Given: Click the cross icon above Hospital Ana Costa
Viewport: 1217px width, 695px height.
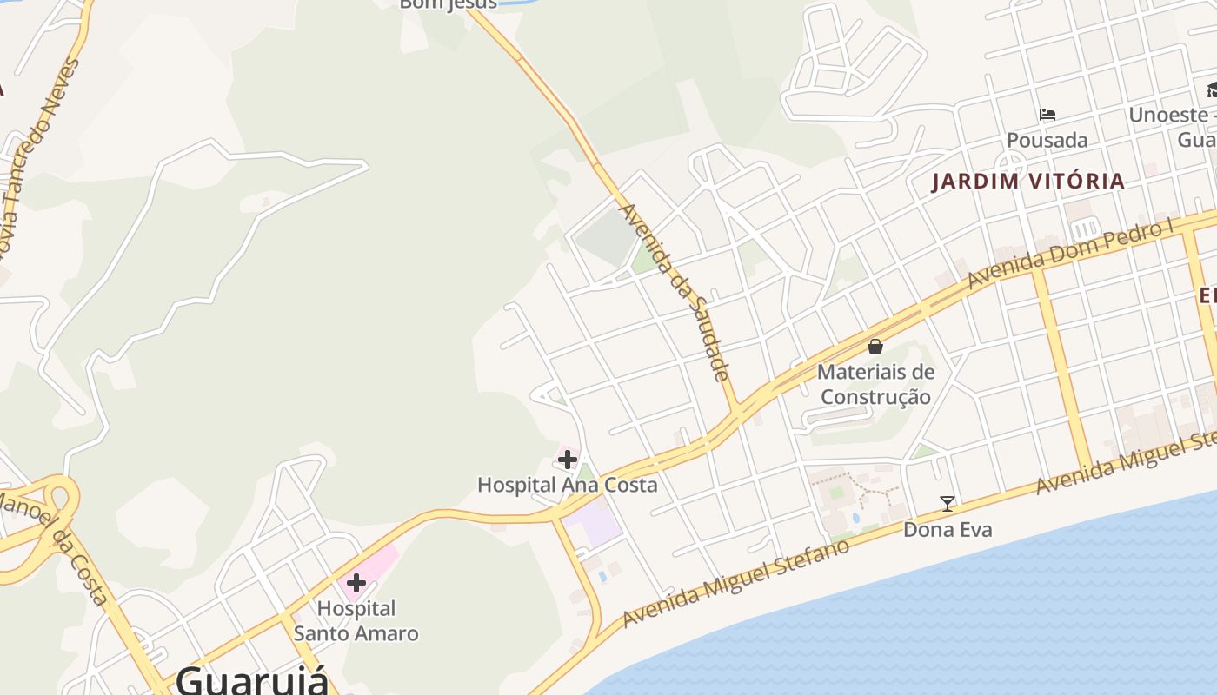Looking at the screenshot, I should (568, 459).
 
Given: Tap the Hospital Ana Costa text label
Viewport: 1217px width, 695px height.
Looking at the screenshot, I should (567, 485).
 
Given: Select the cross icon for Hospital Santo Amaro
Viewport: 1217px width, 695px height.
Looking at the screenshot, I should (356, 583).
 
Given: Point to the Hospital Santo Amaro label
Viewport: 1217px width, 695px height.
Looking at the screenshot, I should (356, 620).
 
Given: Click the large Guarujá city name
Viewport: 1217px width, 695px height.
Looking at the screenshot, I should (252, 679).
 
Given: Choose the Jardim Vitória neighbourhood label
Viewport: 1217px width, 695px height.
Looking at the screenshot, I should (1028, 182).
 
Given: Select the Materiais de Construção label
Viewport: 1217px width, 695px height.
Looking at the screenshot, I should (875, 384).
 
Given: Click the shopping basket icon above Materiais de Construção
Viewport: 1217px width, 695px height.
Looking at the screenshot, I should (875, 347).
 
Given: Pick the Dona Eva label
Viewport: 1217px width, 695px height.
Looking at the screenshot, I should (948, 529).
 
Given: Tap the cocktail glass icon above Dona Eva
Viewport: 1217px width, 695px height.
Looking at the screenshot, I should (948, 503).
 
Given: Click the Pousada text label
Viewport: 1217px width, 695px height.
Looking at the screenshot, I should (1047, 140).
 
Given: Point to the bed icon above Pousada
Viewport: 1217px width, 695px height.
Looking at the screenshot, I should (1047, 115).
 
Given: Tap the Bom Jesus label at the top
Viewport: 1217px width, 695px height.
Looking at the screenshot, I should (448, 4).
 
